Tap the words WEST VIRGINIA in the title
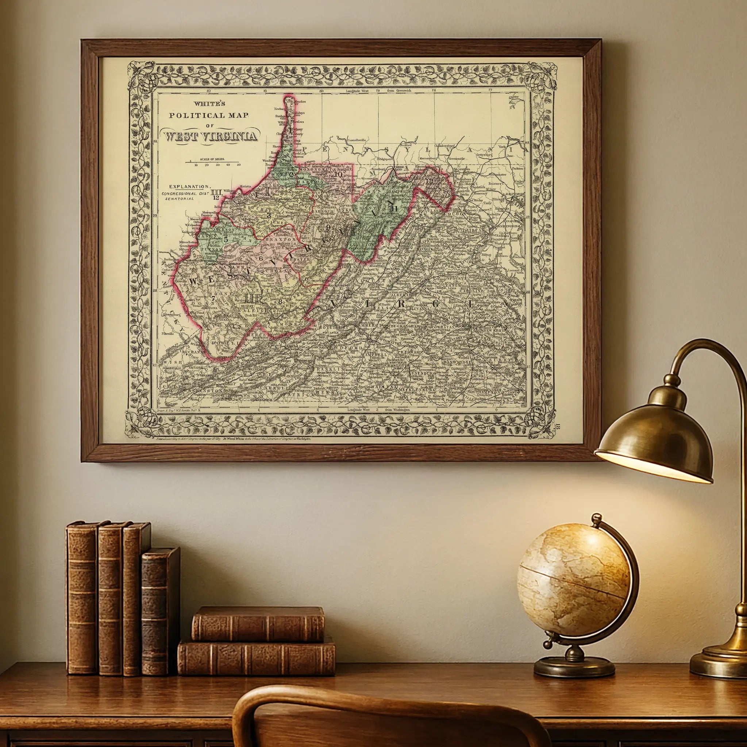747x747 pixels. tap(211, 136)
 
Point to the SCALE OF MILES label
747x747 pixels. tap(212, 159)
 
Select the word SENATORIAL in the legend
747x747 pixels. tap(178, 198)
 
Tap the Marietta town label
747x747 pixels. tap(245, 186)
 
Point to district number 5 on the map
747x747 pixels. tap(226, 239)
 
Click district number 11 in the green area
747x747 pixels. tap(394, 208)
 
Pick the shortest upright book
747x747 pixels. tap(159, 611)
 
